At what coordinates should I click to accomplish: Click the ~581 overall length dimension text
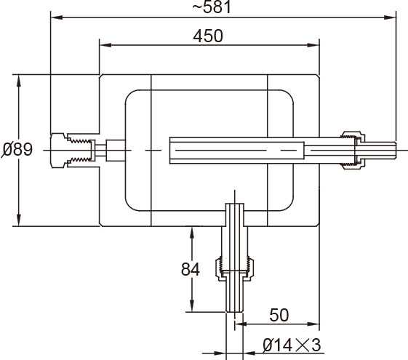pyautogui.click(x=212, y=7)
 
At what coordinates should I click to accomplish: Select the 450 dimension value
pyautogui.click(x=208, y=36)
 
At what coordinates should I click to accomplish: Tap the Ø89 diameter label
pyautogui.click(x=17, y=149)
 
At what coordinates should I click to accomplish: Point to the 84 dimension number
pyautogui.click(x=191, y=269)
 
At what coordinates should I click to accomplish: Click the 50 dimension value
pyautogui.click(x=279, y=315)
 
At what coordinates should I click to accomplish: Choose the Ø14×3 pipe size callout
pyautogui.click(x=292, y=345)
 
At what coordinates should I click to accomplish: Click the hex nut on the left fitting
pyautogui.click(x=58, y=151)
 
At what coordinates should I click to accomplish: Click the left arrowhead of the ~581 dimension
pyautogui.click(x=57, y=17)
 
